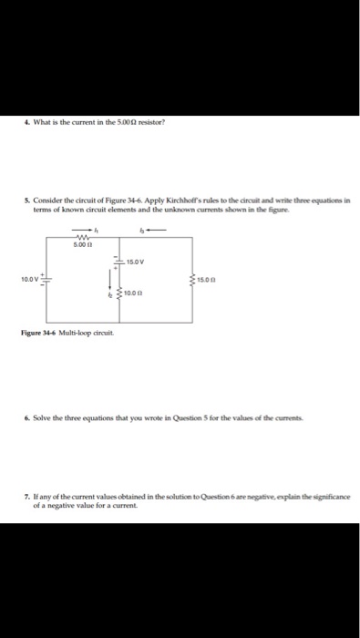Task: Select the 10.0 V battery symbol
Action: [48, 279]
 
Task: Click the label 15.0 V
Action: [136, 261]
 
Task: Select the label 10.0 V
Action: [31, 279]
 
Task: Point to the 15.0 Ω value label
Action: [207, 279]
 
